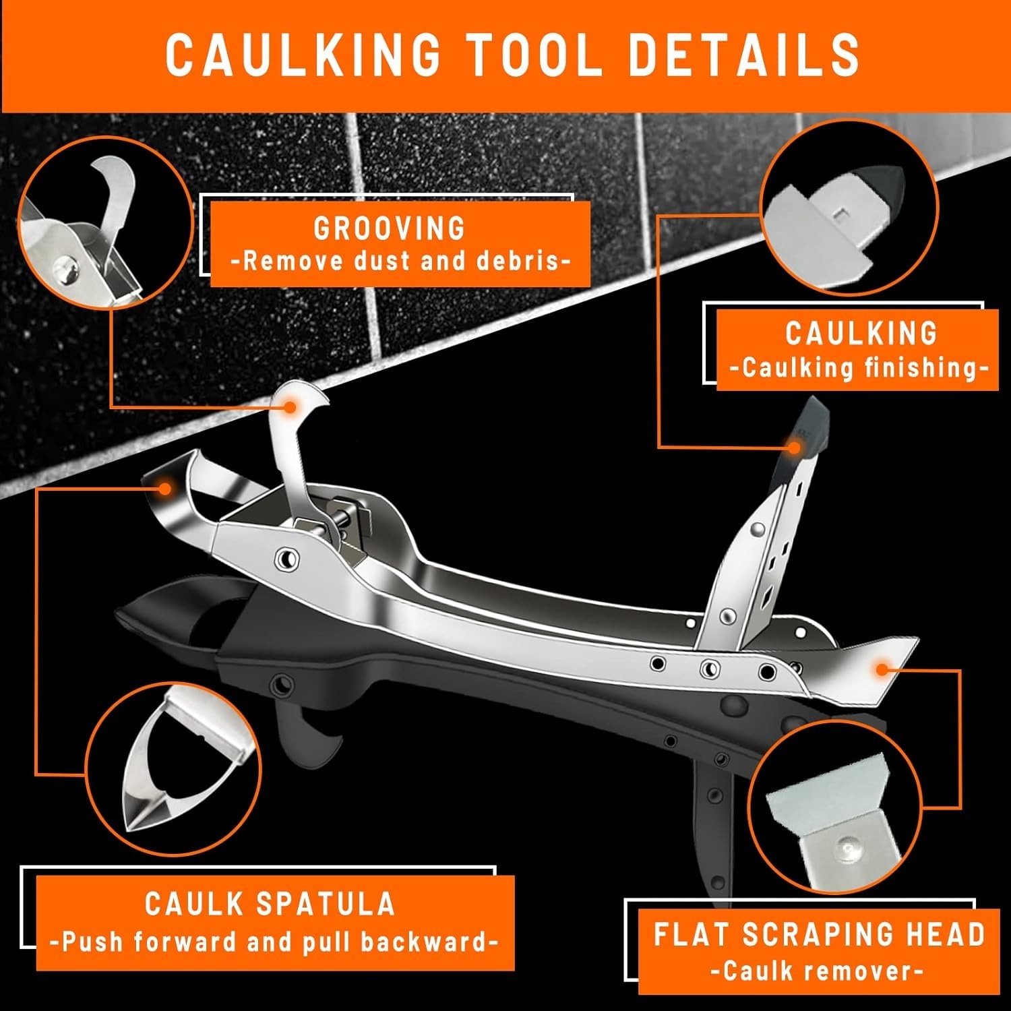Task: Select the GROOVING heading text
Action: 390,229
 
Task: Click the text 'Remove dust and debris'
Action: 400,262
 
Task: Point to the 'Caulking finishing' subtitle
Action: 859,368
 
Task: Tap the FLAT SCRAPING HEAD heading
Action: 819,935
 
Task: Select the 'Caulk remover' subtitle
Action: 816,971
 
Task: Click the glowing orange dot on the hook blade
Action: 290,406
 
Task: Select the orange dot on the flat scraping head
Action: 881,669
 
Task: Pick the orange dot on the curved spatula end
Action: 163,488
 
